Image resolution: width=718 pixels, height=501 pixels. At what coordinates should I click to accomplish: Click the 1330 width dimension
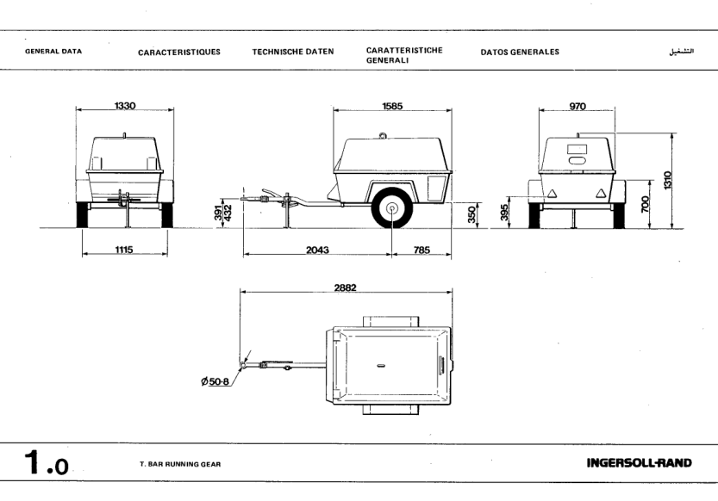point(125,106)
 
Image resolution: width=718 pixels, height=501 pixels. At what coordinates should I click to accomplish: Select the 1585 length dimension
point(392,106)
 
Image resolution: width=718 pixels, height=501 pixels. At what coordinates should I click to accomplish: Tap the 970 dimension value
point(577,106)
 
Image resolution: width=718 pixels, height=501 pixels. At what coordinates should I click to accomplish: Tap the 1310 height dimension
point(666,181)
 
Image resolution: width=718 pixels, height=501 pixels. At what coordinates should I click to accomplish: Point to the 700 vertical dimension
point(645,205)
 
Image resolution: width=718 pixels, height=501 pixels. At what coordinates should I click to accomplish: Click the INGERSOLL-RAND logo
point(638,463)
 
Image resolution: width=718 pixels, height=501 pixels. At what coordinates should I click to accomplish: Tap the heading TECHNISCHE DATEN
point(292,52)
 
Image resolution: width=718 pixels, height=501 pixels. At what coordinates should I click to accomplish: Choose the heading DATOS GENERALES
point(519,52)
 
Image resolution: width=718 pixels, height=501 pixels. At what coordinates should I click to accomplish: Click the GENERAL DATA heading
point(53,52)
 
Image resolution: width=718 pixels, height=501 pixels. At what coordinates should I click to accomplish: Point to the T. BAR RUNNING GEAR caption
point(179,465)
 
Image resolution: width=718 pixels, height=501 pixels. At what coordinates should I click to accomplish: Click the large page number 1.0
point(41,463)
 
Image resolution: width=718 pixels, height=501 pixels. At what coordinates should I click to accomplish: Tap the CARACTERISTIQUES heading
point(178,52)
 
